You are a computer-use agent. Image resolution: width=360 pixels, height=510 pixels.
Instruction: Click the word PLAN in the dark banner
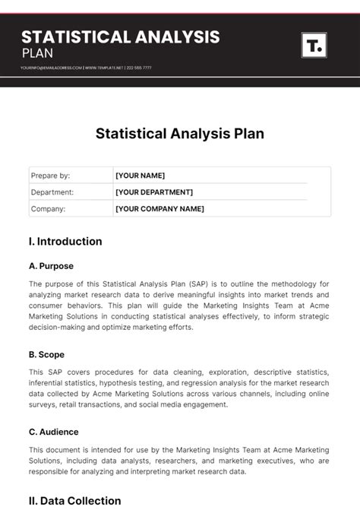click(x=37, y=53)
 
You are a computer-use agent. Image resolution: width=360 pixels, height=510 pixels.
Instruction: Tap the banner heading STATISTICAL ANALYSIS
click(x=121, y=36)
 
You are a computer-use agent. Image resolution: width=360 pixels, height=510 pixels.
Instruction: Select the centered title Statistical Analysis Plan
click(x=180, y=134)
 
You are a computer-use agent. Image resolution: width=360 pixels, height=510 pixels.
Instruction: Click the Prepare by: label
click(x=50, y=176)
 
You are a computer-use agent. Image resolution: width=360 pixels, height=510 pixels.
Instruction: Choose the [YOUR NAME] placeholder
click(x=140, y=176)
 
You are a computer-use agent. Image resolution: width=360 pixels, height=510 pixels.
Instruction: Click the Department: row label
click(x=52, y=192)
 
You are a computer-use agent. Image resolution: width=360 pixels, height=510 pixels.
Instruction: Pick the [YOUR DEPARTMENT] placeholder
click(x=154, y=192)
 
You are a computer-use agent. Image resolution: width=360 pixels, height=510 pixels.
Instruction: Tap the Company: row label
click(x=48, y=209)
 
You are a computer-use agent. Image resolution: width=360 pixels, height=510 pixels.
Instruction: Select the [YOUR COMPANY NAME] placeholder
click(x=159, y=209)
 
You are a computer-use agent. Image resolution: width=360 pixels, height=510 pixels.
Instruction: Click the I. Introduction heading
click(x=65, y=242)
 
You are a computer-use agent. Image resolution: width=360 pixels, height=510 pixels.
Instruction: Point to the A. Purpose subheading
click(x=51, y=267)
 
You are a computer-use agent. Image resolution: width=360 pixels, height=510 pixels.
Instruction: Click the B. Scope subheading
click(x=46, y=354)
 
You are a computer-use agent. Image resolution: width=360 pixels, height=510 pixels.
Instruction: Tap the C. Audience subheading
click(x=53, y=432)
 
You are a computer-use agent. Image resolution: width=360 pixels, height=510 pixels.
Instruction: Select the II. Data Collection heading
click(x=74, y=500)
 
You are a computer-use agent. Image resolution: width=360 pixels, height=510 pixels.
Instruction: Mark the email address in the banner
click(x=51, y=68)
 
